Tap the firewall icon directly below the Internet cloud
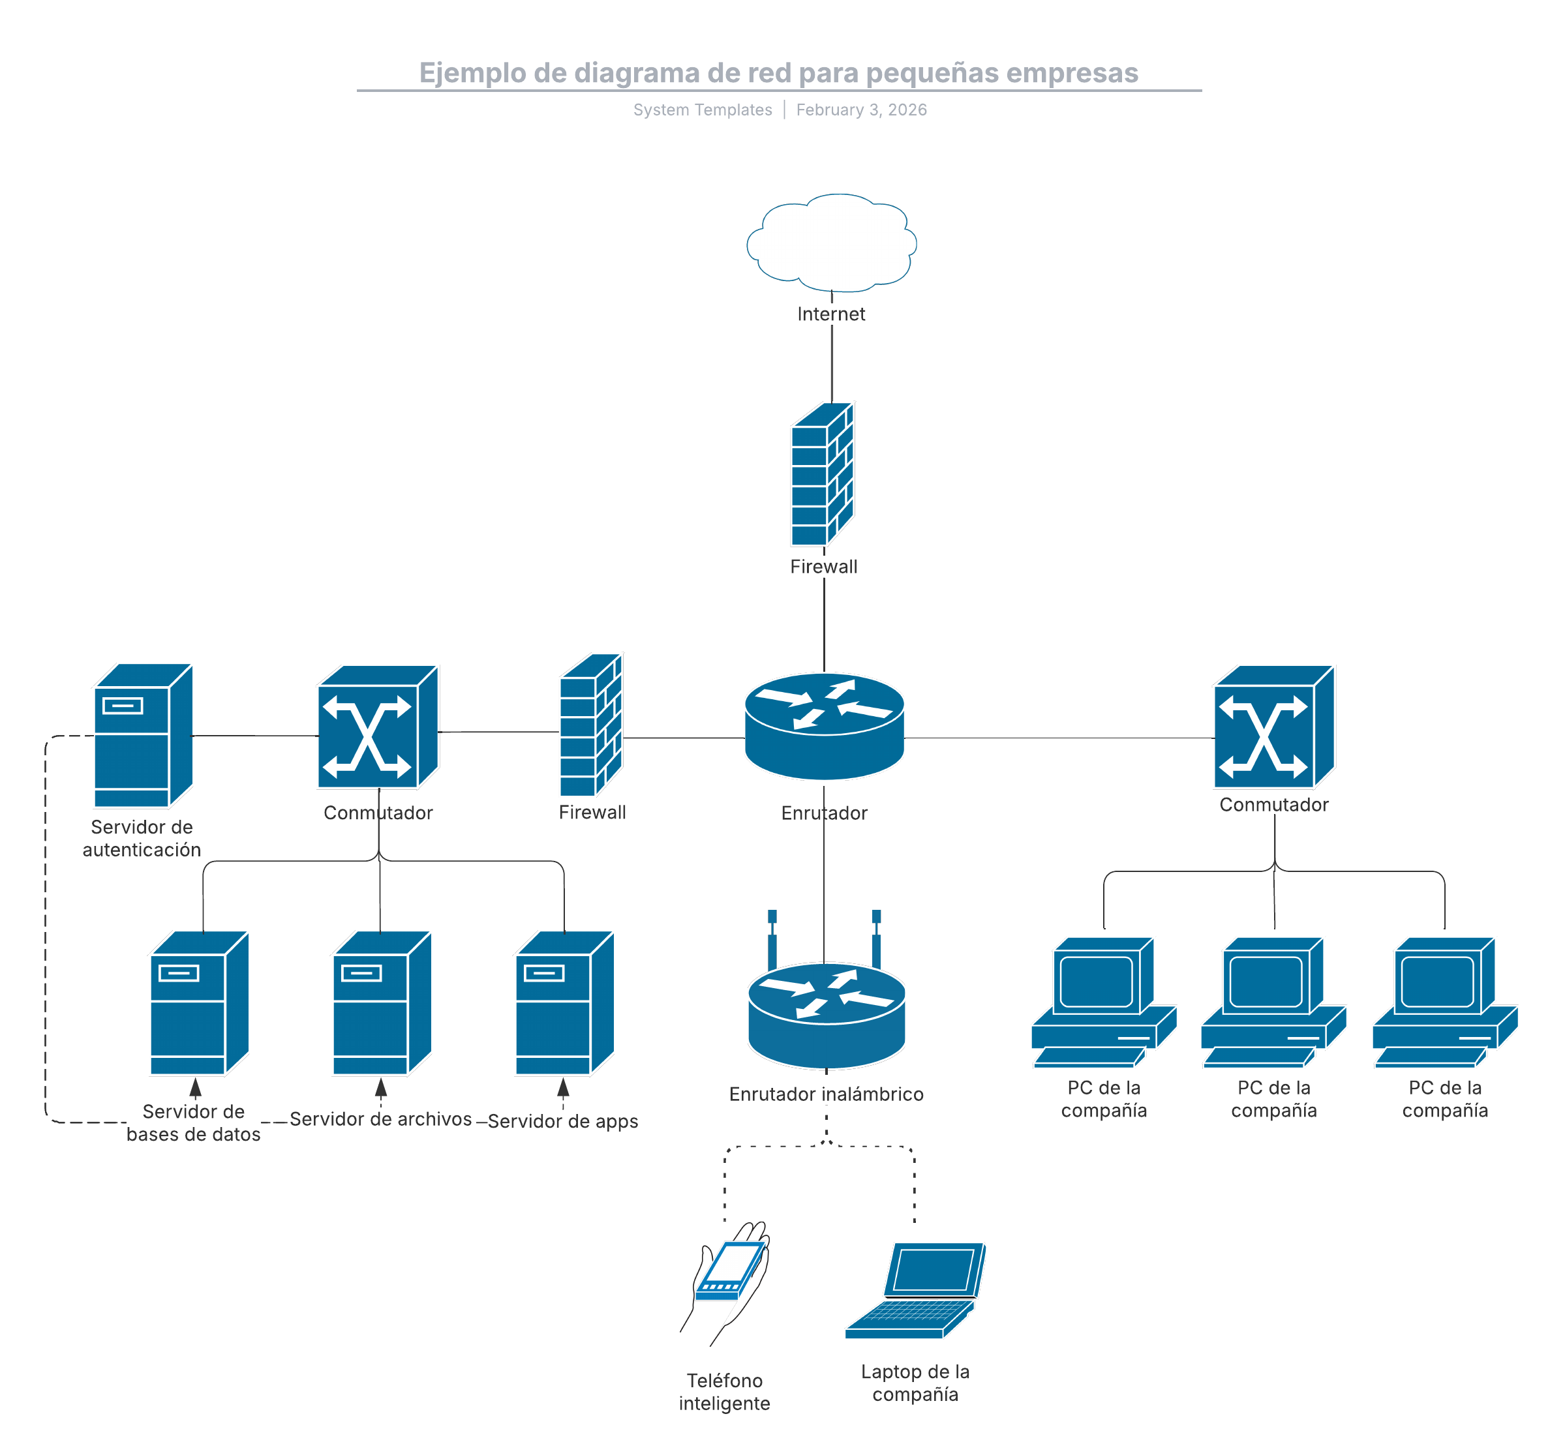pyautogui.click(x=822, y=474)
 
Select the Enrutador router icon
pyautogui.click(x=825, y=727)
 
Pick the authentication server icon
pyautogui.click(x=143, y=736)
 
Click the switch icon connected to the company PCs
pyautogui.click(x=1274, y=727)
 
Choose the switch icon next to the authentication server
pyautogui.click(x=378, y=727)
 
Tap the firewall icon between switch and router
pyautogui.click(x=592, y=726)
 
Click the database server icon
pyautogui.click(x=199, y=1003)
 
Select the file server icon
pyautogui.click(x=381, y=1003)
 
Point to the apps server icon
pyautogui.click(x=564, y=1003)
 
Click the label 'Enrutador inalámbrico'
pyautogui.click(x=826, y=1094)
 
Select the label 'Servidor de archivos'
pyautogui.click(x=380, y=1119)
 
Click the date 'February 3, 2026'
pyautogui.click(x=862, y=110)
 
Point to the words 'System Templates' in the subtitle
pyautogui.click(x=703, y=110)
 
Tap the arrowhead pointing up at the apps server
pyautogui.click(x=564, y=1087)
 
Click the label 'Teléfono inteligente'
pyautogui.click(x=724, y=1392)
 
